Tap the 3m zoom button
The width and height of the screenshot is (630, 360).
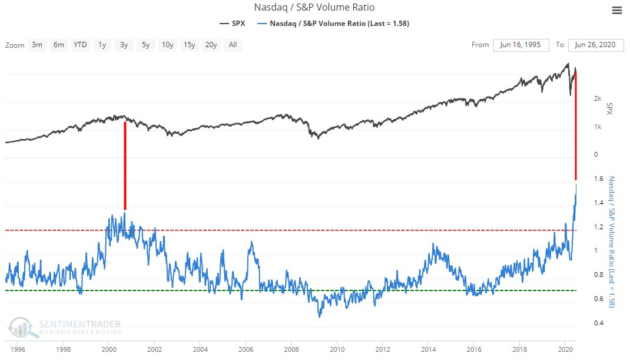(x=37, y=45)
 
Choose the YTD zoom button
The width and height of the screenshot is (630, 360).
(x=80, y=45)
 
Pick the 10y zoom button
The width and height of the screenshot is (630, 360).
(x=167, y=45)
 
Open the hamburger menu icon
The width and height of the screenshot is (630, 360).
(x=616, y=10)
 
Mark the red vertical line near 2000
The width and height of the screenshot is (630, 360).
(x=124, y=165)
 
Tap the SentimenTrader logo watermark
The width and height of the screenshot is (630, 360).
(x=65, y=328)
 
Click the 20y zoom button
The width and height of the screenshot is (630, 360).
(x=211, y=45)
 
